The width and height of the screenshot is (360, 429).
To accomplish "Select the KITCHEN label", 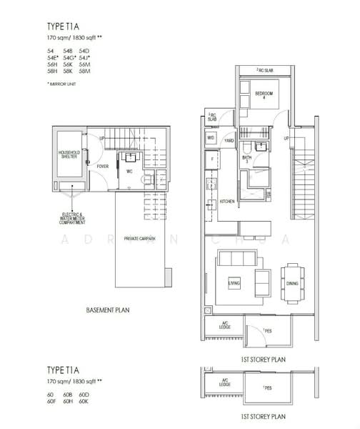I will point(226,202).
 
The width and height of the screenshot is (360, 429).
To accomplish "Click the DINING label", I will point(291,283).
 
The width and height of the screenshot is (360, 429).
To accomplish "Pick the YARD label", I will point(230,142).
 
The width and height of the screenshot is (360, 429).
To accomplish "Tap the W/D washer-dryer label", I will point(211,137).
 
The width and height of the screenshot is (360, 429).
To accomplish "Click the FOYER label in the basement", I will point(103,167).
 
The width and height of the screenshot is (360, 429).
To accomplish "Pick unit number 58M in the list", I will point(85,71).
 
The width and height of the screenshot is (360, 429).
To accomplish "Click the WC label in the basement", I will point(129,172).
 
